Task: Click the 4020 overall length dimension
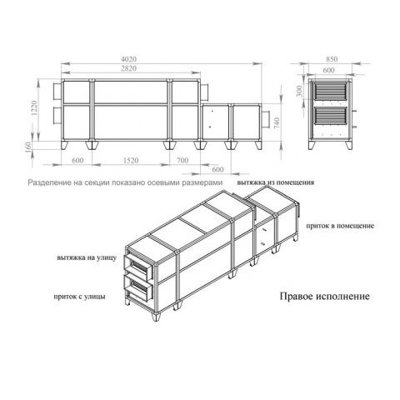128,59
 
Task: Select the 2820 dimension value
128,68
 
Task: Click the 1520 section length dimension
131,161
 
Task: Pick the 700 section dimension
182,161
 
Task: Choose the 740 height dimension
277,123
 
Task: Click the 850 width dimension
332,59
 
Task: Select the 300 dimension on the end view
300,91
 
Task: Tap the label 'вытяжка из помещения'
276,182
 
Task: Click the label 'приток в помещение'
340,226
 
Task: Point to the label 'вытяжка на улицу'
87,257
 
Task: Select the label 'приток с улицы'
80,297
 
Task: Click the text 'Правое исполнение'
325,296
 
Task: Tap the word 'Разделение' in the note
47,182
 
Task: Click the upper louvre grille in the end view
331,91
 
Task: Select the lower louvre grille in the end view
331,115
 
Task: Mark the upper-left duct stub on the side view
57,92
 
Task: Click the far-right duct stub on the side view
265,119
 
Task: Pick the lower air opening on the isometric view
138,288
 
